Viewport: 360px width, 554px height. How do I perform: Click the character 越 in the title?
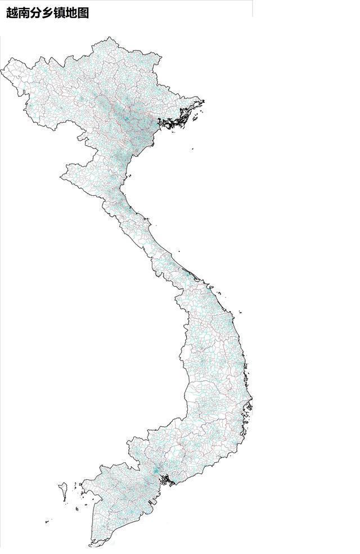[x=12, y=13]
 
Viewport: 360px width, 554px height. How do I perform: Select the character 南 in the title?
[x=24, y=13]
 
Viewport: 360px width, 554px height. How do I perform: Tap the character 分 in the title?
[x=36, y=13]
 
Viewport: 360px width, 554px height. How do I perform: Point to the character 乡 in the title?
[x=48, y=13]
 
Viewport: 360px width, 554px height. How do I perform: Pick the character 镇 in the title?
[x=60, y=13]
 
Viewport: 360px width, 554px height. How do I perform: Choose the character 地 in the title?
[x=71, y=13]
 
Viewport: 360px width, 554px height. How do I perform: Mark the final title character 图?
[x=83, y=13]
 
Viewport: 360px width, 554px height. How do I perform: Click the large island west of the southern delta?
[x=64, y=490]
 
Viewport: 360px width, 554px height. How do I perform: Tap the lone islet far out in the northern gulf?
[x=191, y=149]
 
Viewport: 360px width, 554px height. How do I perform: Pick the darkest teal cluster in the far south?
[x=155, y=470]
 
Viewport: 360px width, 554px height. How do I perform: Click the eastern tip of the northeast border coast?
[x=203, y=101]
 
